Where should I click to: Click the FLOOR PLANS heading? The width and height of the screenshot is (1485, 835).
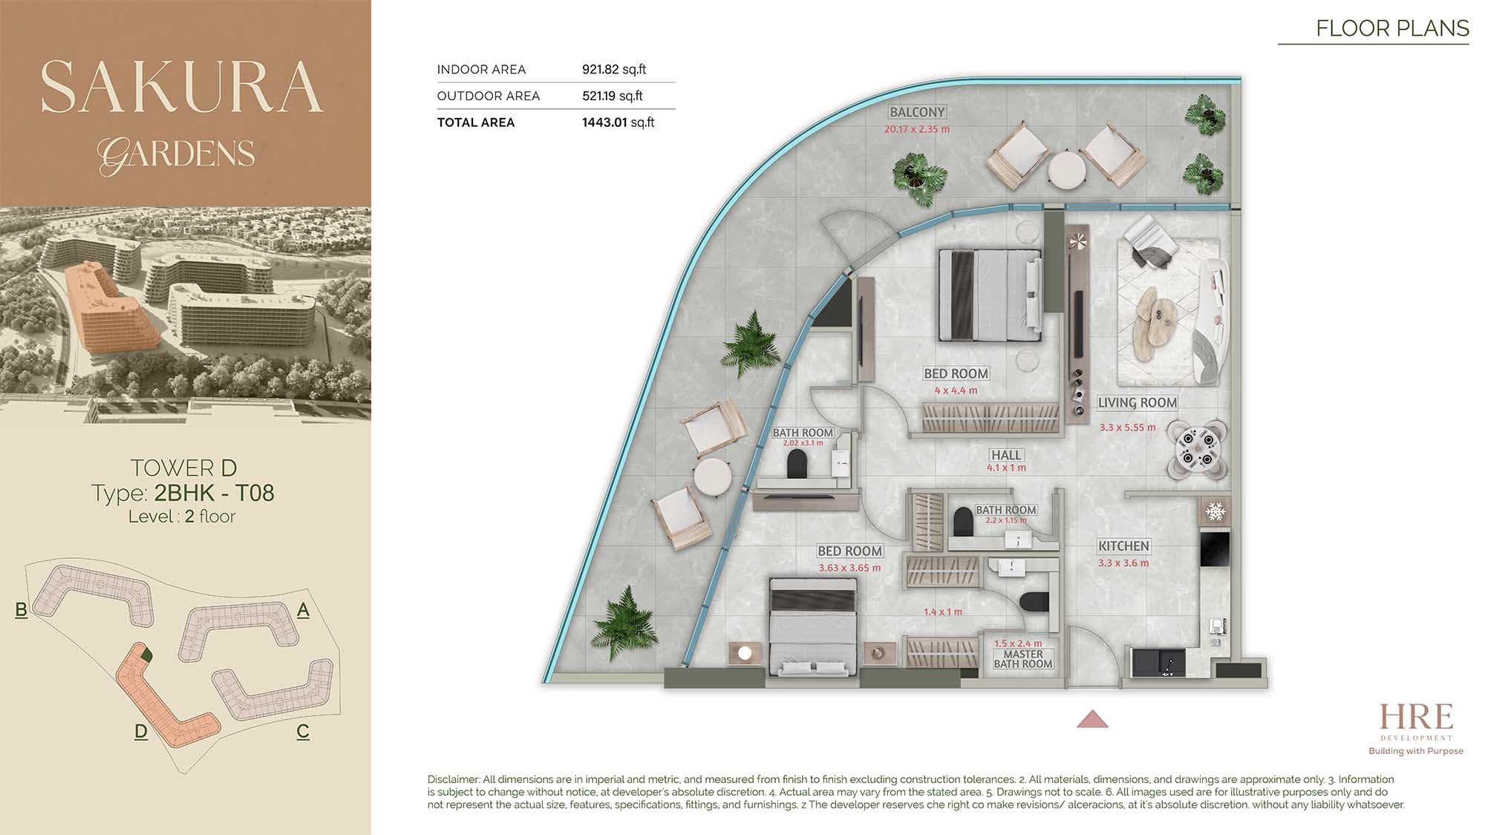pyautogui.click(x=1392, y=28)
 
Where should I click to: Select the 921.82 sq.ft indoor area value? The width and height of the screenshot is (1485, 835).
pyautogui.click(x=614, y=69)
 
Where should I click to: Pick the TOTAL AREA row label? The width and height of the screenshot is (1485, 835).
pyautogui.click(x=476, y=122)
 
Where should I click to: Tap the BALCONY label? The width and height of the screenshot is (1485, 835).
pyautogui.click(x=917, y=112)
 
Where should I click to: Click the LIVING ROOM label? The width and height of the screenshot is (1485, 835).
pyautogui.click(x=1138, y=403)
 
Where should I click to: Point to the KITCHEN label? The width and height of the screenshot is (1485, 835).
pyautogui.click(x=1123, y=546)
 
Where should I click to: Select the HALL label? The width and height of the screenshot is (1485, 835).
pyautogui.click(x=1006, y=455)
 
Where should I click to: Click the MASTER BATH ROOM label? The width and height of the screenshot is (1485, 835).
pyautogui.click(x=1023, y=659)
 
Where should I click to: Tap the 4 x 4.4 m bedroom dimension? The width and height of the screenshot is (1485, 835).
pyautogui.click(x=956, y=390)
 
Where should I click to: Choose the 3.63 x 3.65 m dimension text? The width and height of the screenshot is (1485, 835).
pyautogui.click(x=849, y=568)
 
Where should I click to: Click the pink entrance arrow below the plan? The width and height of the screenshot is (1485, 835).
pyautogui.click(x=1092, y=719)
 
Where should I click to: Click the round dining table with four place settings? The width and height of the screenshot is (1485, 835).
pyautogui.click(x=1197, y=449)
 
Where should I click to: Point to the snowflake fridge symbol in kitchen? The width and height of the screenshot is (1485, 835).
pyautogui.click(x=1215, y=511)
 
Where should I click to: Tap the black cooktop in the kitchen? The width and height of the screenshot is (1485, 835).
pyautogui.click(x=1215, y=550)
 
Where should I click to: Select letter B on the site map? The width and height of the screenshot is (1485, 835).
pyautogui.click(x=22, y=610)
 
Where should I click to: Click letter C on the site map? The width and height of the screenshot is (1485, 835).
pyautogui.click(x=303, y=731)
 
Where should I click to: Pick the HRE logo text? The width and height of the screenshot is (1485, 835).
pyautogui.click(x=1416, y=717)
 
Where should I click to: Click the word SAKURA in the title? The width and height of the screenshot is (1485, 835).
pyautogui.click(x=182, y=88)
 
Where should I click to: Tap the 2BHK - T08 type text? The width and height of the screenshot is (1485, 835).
pyautogui.click(x=214, y=493)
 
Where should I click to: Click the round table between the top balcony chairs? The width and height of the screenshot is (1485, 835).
pyautogui.click(x=1067, y=170)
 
